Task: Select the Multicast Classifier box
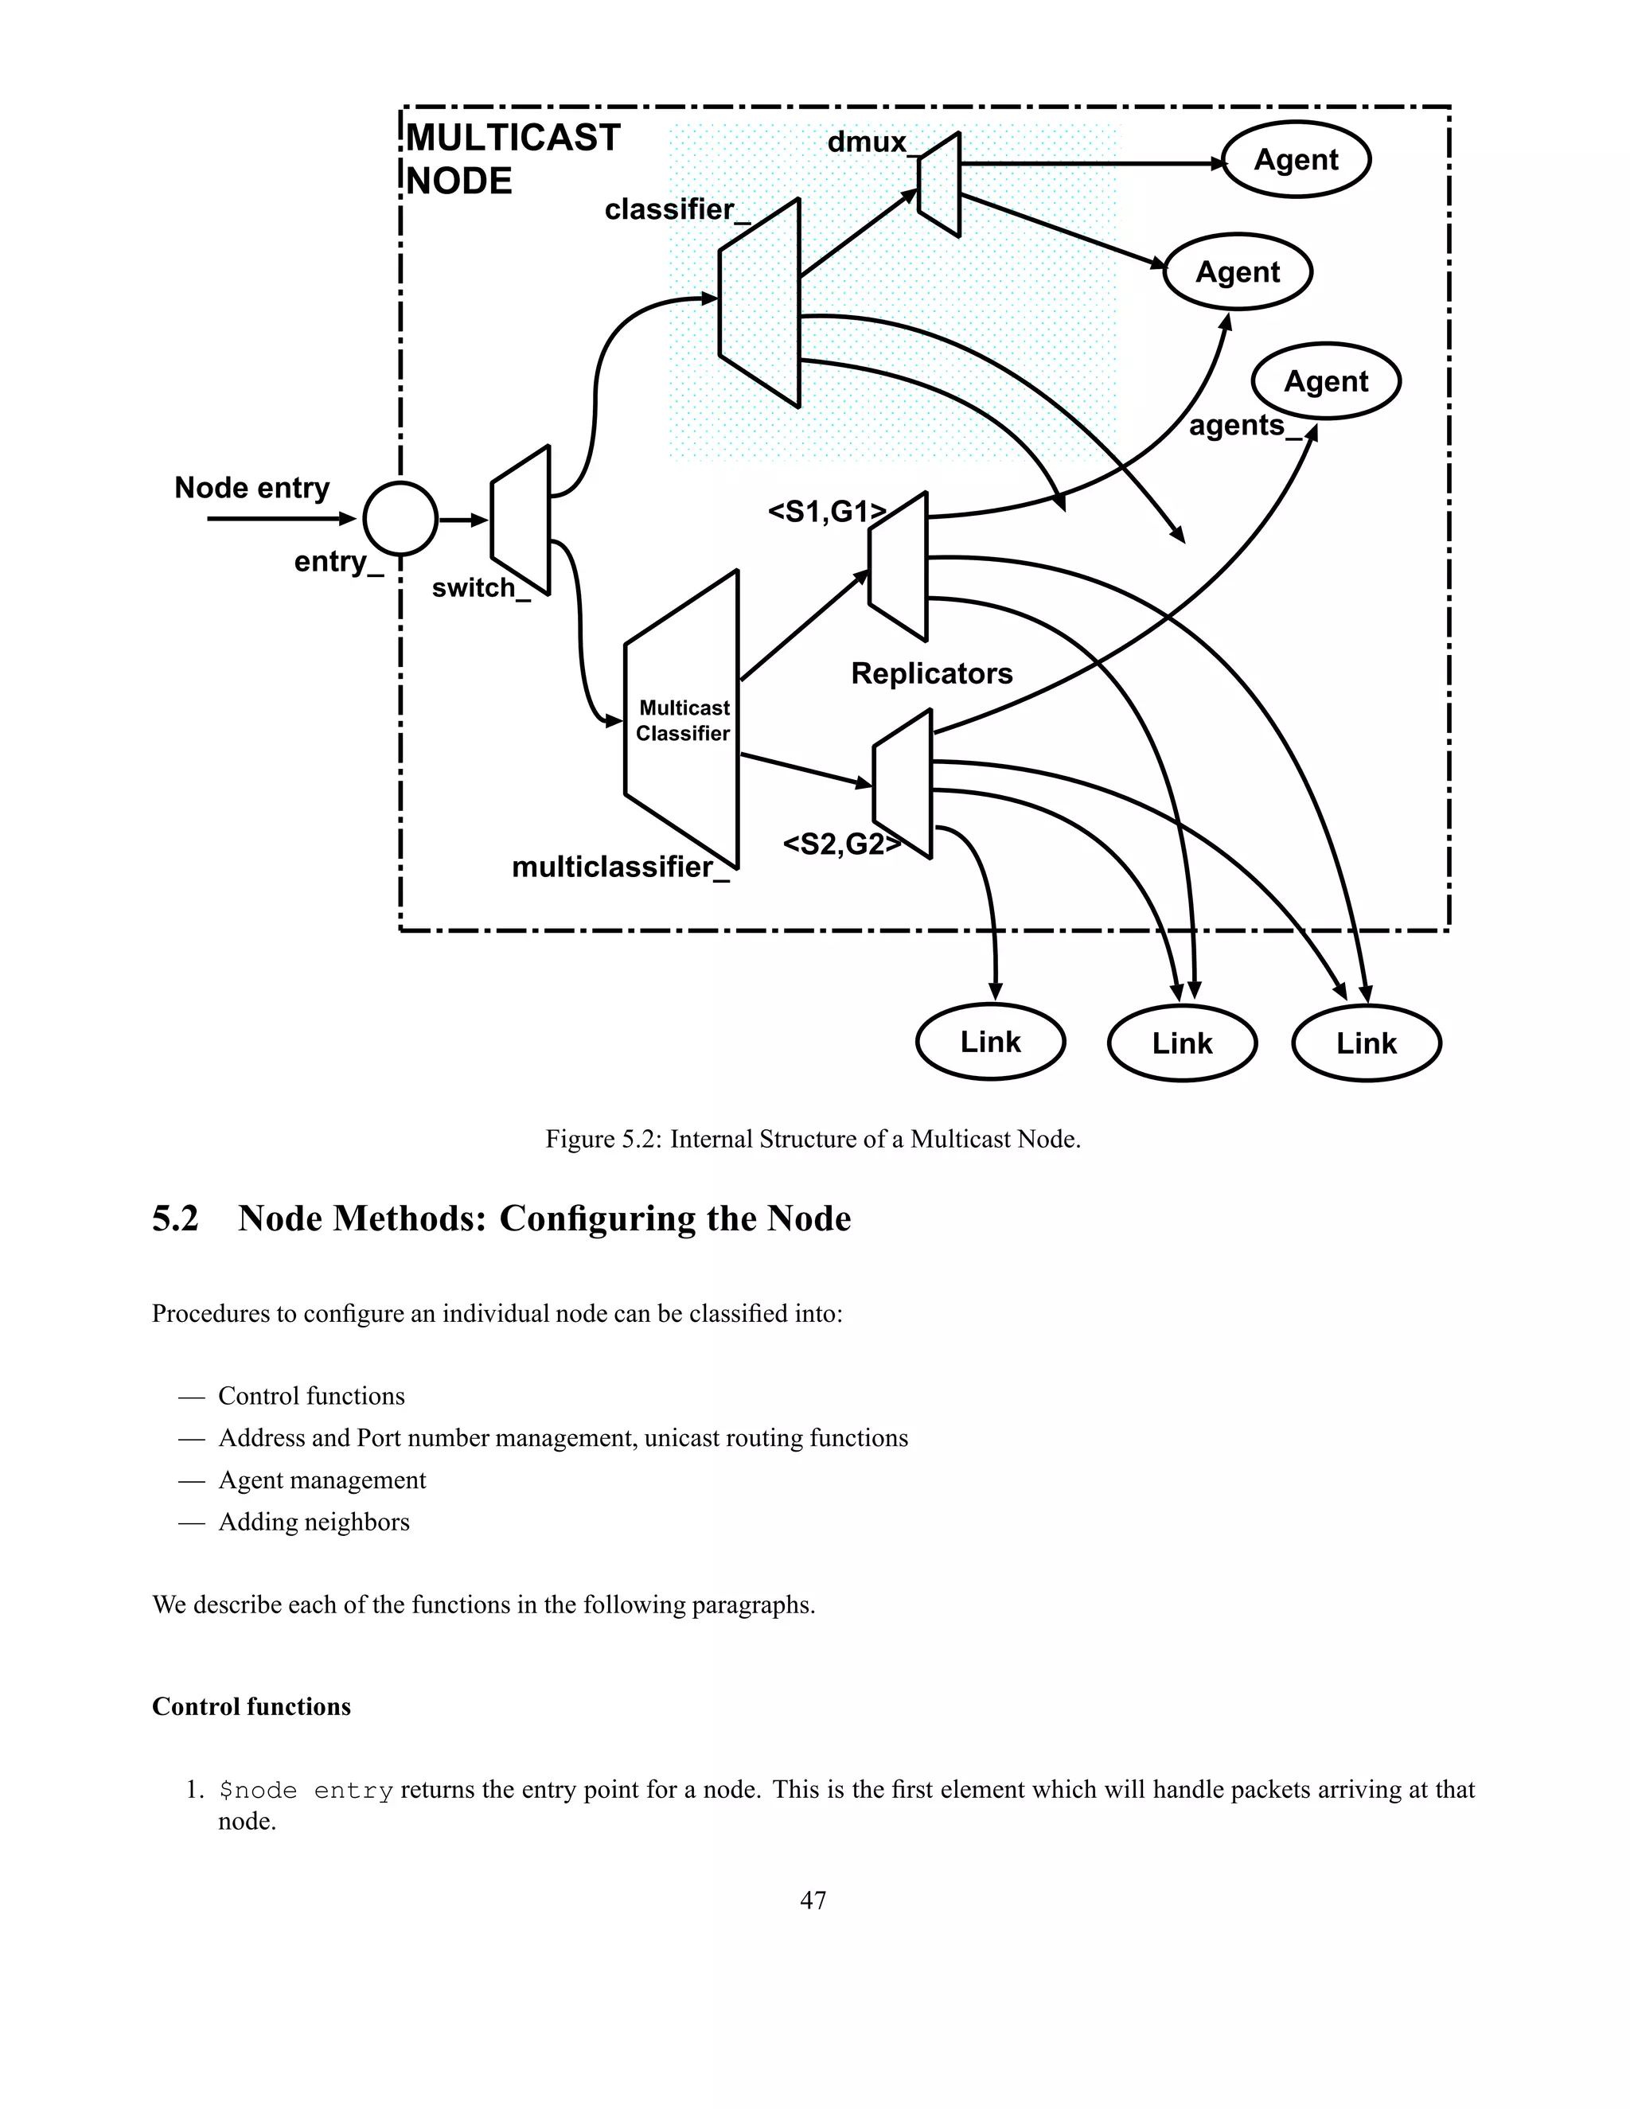(682, 720)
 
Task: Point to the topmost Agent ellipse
(1296, 159)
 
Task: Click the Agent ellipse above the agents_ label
(1326, 381)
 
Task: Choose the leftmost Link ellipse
(990, 1042)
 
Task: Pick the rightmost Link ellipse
(1366, 1043)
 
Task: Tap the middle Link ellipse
(1182, 1043)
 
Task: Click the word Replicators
(931, 673)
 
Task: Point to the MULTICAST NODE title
(512, 159)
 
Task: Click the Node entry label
(252, 488)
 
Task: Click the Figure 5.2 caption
(813, 1140)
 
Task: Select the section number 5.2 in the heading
(175, 1218)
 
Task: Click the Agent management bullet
(322, 1480)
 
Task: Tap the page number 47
(813, 1900)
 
